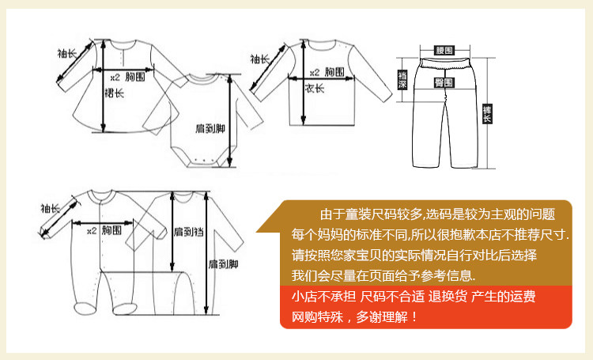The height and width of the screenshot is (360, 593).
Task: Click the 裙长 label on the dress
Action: pos(114,93)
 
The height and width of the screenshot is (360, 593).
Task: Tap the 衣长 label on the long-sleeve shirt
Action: pos(315,88)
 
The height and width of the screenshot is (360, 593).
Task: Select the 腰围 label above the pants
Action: pos(444,51)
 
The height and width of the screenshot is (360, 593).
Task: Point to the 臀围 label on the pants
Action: pos(444,82)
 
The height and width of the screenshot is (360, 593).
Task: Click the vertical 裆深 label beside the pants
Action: pos(402,79)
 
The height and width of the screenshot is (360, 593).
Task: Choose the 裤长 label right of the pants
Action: pos(487,114)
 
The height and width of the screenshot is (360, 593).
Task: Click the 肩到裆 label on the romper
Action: pos(189,232)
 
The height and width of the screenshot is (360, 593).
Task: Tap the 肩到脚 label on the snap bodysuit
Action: pos(210,128)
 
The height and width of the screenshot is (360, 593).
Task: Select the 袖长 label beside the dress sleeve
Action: pos(67,53)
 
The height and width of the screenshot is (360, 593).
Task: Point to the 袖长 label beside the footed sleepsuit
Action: pos(51,208)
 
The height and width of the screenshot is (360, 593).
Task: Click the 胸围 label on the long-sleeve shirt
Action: pos(334,72)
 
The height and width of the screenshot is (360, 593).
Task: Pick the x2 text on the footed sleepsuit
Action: pos(92,230)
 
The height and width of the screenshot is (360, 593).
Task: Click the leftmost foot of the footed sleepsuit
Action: pos(85,308)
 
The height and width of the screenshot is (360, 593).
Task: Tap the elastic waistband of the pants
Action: pos(444,63)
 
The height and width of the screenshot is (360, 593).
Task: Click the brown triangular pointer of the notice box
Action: pos(269,220)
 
